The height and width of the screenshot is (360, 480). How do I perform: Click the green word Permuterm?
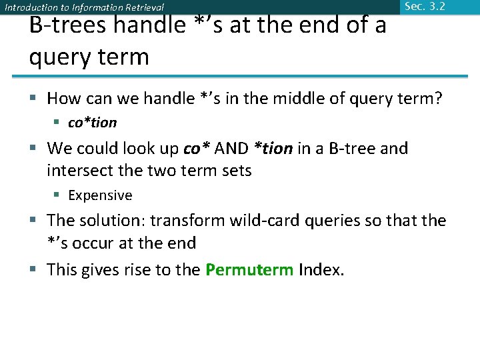pyautogui.click(x=249, y=270)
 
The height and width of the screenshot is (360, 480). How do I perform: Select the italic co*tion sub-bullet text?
pyautogui.click(x=93, y=123)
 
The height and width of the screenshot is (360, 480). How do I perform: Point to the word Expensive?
pyautogui.click(x=100, y=195)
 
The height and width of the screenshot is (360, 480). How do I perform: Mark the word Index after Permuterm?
pyautogui.click(x=321, y=270)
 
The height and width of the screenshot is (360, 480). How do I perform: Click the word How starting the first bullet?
pyautogui.click(x=64, y=99)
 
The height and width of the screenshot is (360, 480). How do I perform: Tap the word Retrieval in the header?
pyautogui.click(x=139, y=8)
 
